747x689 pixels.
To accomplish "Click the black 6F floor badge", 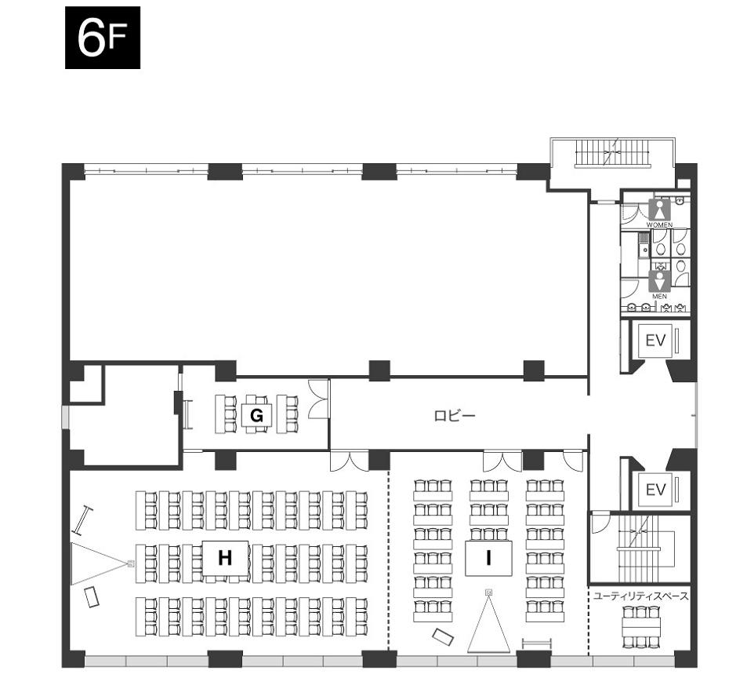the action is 103,38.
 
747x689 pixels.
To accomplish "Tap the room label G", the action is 256,416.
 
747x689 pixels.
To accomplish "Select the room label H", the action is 225,557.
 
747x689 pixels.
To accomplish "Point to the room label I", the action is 488,557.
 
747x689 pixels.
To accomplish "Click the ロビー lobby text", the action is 455,416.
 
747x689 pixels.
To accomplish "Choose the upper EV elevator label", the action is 655,341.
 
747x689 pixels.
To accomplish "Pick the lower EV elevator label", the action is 655,490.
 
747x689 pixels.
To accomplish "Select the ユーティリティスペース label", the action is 640,596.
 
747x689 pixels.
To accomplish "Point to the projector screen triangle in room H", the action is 100,563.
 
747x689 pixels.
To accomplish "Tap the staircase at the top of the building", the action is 613,152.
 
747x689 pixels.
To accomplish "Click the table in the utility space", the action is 641,626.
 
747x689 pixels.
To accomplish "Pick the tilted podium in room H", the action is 92,597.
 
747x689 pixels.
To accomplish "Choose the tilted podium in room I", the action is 443,636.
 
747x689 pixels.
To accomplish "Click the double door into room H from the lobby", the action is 350,461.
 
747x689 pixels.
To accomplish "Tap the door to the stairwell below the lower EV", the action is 600,523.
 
